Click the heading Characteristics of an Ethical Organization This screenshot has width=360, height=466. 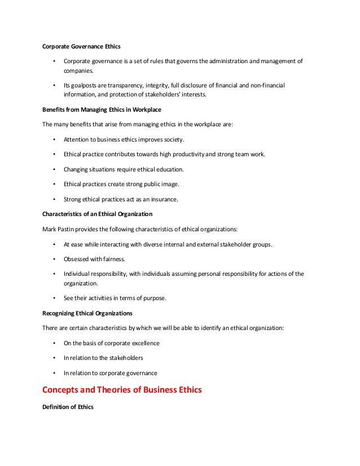click(x=96, y=214)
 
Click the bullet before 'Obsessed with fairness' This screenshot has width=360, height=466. click(x=54, y=259)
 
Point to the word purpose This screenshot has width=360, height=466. click(x=153, y=298)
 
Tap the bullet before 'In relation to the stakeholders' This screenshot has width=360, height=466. click(x=54, y=358)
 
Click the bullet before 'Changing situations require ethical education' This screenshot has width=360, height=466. click(x=54, y=169)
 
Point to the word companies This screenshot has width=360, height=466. click(x=80, y=71)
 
